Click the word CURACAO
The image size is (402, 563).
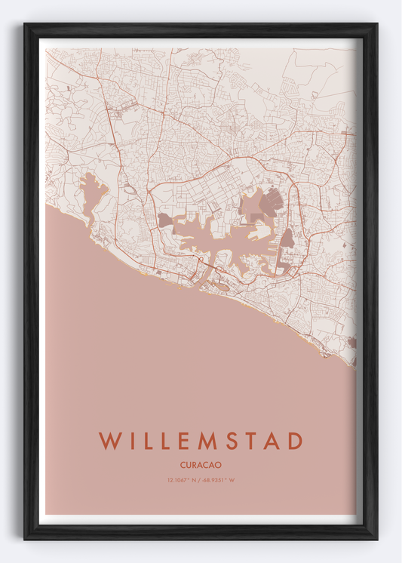(x=201, y=465)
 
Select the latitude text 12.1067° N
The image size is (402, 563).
(x=183, y=480)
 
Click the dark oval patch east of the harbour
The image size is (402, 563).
(x=287, y=238)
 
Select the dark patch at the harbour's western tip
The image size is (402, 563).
(x=164, y=220)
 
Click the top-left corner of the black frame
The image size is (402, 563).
(x=25, y=24)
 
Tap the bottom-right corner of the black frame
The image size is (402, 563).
(x=376, y=539)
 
